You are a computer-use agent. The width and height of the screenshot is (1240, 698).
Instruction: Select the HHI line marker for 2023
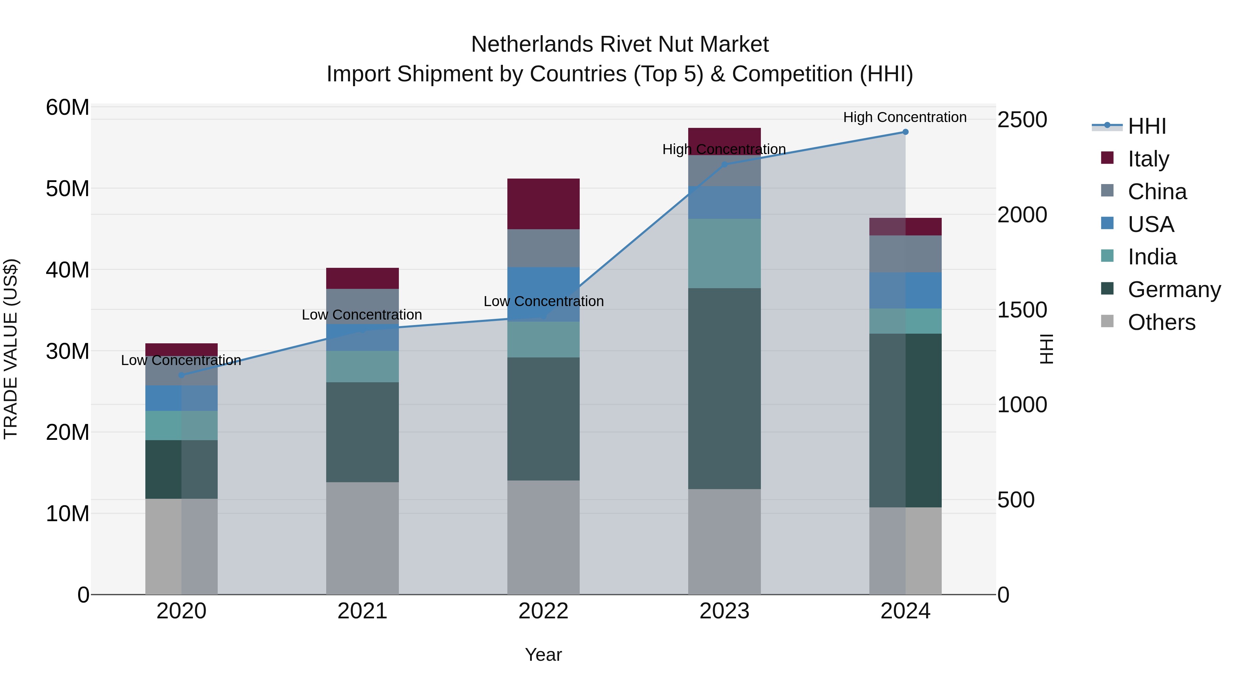click(724, 165)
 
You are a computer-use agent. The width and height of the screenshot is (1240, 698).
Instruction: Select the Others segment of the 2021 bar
click(362, 538)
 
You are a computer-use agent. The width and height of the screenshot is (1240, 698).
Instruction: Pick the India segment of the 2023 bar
click(724, 253)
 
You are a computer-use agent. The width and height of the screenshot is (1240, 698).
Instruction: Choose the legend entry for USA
click(1150, 224)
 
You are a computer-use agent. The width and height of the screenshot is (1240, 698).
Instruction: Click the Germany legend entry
click(1174, 290)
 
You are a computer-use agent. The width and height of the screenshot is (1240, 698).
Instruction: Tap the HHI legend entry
click(1147, 126)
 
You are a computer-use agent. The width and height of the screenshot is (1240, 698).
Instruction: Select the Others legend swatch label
click(1161, 322)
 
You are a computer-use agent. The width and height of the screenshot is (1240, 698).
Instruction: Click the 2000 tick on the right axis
click(1022, 214)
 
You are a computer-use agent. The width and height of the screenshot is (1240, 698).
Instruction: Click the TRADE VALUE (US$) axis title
click(11, 349)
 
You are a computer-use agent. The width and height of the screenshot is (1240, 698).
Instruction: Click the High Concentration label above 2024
click(905, 117)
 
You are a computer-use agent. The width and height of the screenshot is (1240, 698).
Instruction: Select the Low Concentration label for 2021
click(362, 315)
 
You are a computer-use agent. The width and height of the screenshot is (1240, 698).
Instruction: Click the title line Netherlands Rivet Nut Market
click(620, 44)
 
